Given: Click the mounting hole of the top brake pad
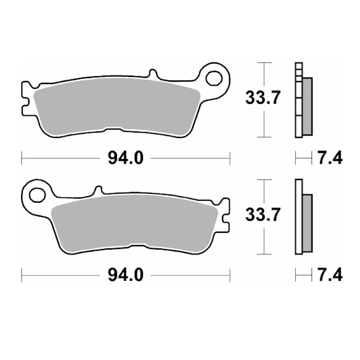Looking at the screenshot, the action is pos(214,79).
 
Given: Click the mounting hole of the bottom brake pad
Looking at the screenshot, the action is pos(37,195).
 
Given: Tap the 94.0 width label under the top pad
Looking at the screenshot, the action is pos(125,158).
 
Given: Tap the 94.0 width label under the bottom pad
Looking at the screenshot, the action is pos(125,275).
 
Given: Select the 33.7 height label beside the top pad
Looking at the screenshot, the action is pos(263,98).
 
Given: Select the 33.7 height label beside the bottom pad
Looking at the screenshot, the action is pos(263,215).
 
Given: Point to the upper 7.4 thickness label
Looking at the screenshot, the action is pos(330,158).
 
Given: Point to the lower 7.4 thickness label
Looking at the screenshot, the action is pos(330,275).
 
